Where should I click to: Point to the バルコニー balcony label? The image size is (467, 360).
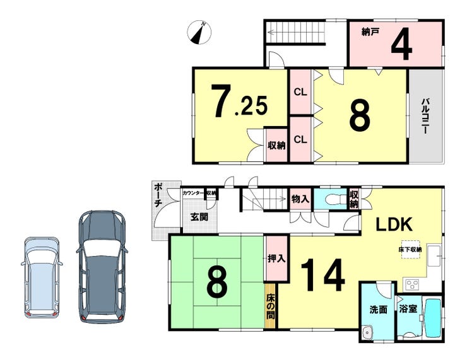(426, 115)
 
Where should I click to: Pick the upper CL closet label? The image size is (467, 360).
(300, 91)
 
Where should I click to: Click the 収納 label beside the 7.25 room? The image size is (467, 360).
(276, 145)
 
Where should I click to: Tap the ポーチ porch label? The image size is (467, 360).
(158, 195)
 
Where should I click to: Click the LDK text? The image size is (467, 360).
(394, 224)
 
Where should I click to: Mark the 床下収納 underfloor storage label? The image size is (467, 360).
(410, 250)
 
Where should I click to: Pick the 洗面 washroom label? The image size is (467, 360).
(377, 310)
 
